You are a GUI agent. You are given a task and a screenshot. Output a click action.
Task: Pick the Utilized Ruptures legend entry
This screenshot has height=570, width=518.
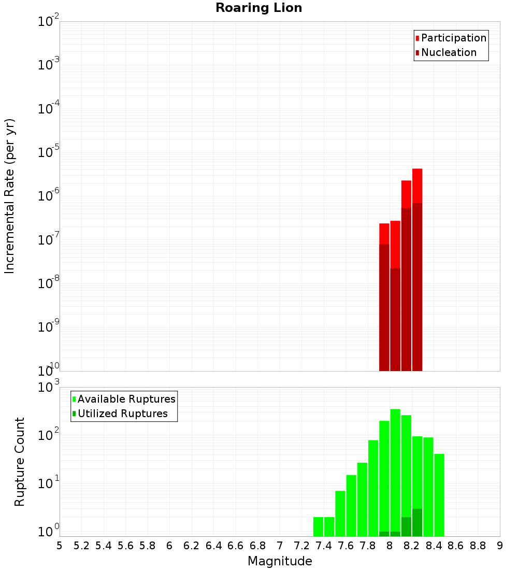click(x=122, y=414)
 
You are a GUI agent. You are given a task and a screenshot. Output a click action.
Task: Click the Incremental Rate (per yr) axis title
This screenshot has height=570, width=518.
click(x=10, y=196)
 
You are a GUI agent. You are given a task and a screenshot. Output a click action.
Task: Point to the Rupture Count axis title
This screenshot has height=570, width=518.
click(x=20, y=461)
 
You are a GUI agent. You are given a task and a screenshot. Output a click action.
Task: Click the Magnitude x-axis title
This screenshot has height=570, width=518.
click(x=280, y=561)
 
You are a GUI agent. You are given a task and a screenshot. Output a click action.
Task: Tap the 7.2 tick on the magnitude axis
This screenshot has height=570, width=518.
click(x=301, y=546)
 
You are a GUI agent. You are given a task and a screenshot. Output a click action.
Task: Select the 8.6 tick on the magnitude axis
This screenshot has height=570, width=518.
click(x=456, y=546)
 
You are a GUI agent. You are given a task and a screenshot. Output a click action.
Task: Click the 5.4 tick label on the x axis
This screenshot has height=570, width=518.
click(x=104, y=546)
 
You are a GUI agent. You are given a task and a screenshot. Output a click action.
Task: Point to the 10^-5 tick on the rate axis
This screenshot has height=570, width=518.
click(x=48, y=152)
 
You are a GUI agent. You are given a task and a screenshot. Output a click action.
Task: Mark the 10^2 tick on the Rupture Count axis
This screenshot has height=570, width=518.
click(x=48, y=436)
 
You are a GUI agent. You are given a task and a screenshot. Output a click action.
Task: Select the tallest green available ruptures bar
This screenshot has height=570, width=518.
click(x=395, y=466)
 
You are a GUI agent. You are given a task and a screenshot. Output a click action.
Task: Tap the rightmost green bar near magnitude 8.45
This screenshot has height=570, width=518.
click(x=439, y=495)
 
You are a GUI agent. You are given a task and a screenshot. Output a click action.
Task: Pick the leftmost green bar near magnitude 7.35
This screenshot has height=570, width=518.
click(x=318, y=526)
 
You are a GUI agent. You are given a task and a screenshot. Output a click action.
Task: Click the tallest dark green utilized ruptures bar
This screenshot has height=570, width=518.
click(x=417, y=522)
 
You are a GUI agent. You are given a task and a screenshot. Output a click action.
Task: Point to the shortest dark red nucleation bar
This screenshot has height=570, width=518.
click(x=395, y=319)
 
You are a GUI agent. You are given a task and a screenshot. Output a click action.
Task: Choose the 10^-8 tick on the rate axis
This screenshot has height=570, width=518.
click(x=48, y=283)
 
